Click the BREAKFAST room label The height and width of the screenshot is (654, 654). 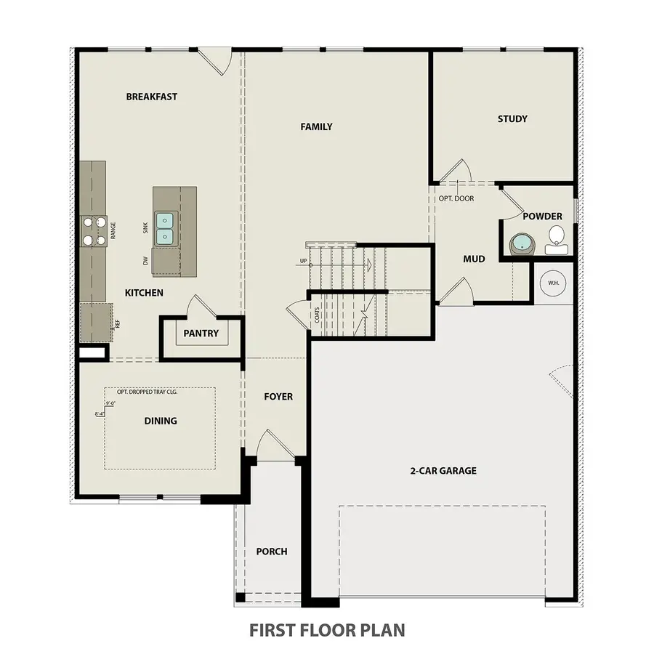[151, 97]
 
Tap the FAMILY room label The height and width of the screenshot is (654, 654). [316, 126]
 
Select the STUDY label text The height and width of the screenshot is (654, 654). [512, 118]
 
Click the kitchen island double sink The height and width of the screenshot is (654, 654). [166, 227]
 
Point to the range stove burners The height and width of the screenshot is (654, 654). [93, 231]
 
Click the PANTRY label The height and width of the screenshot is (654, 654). [201, 334]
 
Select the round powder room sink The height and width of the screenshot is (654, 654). [521, 243]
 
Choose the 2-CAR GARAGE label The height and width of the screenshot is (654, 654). [443, 470]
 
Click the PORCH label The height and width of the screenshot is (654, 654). [271, 552]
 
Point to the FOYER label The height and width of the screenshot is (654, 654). [278, 396]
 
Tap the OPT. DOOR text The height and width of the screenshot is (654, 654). [456, 198]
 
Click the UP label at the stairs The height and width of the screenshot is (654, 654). [303, 261]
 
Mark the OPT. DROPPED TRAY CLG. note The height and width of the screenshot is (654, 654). [148, 391]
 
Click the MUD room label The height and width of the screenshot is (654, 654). [474, 259]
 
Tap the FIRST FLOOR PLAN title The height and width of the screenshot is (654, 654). [327, 629]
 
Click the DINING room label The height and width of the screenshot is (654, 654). [161, 421]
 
